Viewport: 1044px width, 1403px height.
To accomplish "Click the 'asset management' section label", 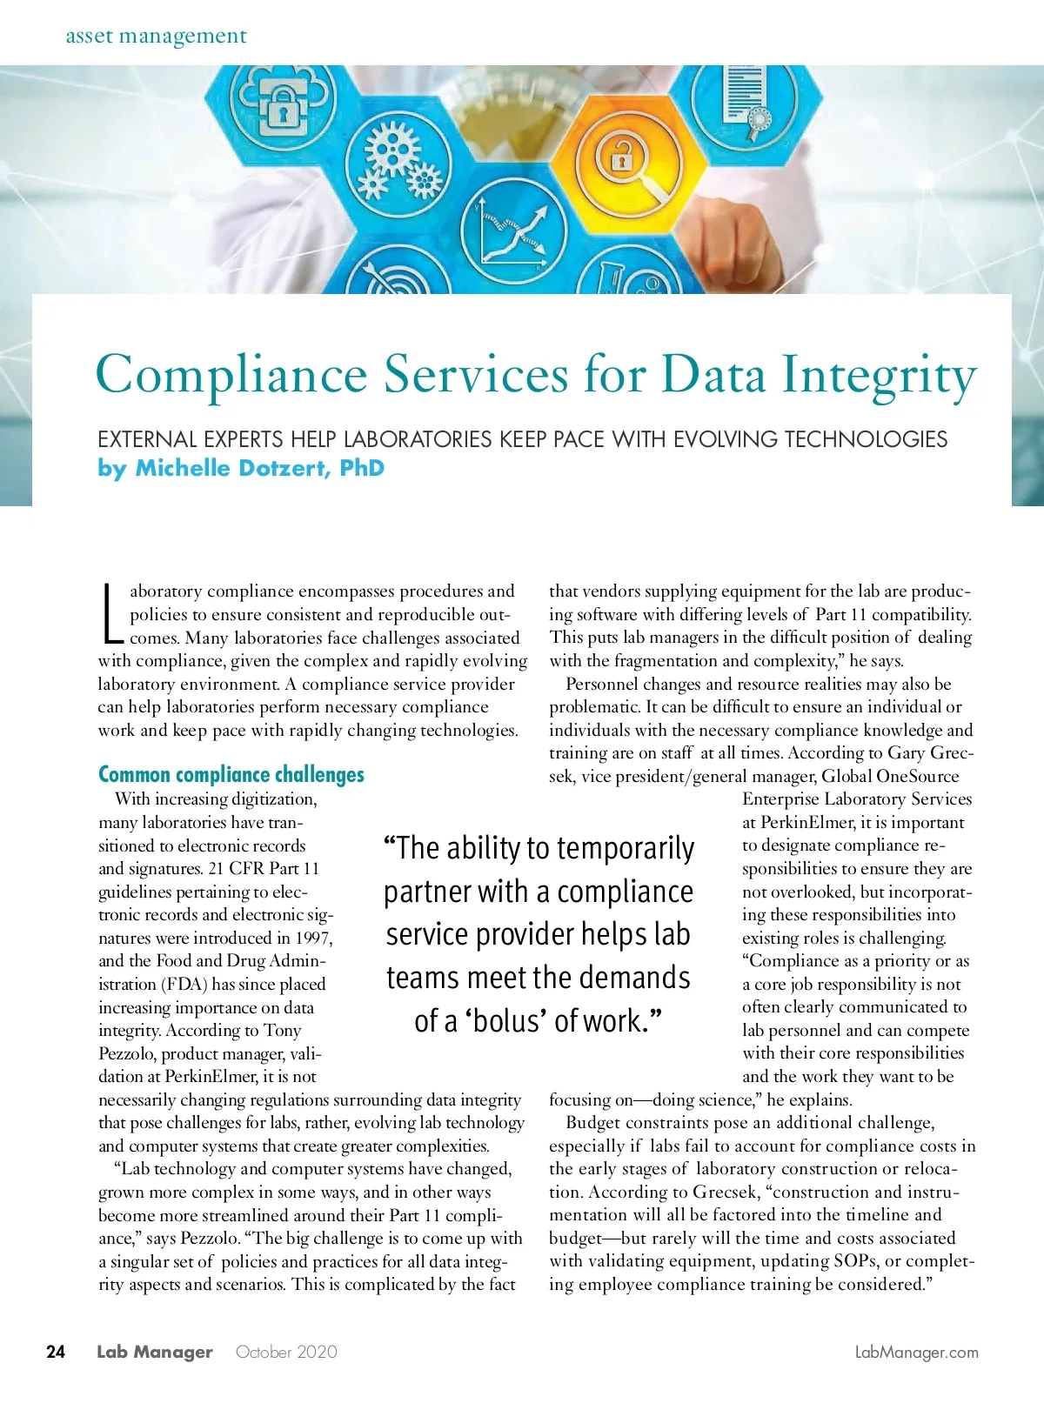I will (x=157, y=37).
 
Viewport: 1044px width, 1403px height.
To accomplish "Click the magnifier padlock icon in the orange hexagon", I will (x=620, y=162).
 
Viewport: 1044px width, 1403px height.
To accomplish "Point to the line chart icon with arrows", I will (x=512, y=231).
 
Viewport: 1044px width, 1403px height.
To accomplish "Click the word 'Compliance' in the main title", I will (x=231, y=375).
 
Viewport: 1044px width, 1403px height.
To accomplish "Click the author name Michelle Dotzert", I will (x=259, y=468).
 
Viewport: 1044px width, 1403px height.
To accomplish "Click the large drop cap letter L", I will (x=110, y=613).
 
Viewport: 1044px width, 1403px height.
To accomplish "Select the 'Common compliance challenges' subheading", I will (x=231, y=774).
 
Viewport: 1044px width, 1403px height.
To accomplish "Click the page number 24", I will (x=56, y=1352).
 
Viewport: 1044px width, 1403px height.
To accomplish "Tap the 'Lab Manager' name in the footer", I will (x=155, y=1352).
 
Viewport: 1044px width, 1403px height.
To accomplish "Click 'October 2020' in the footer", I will (x=286, y=1352).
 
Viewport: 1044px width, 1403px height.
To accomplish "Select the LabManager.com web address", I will (x=916, y=1352).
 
